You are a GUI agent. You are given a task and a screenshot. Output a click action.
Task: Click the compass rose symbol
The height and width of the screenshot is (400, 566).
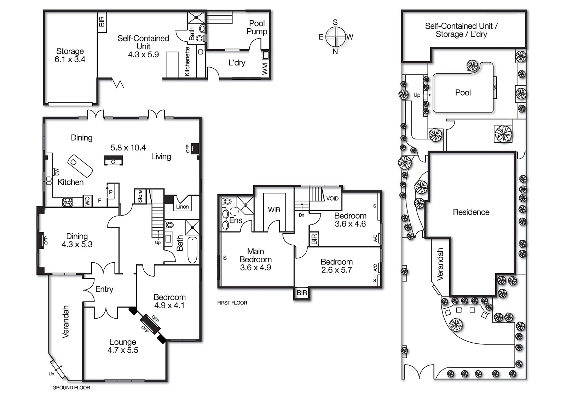click(x=335, y=37)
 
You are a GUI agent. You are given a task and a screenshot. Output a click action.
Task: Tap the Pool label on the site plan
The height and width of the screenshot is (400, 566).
click(x=463, y=93)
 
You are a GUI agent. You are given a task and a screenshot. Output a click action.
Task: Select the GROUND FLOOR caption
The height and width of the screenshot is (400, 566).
click(x=71, y=388)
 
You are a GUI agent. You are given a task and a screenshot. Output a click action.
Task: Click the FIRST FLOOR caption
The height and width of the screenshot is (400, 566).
click(x=232, y=303)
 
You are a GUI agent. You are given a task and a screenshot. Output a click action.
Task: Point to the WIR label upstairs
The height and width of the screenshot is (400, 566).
click(x=274, y=210)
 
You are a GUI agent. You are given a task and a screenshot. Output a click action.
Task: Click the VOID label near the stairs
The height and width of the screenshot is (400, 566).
click(x=332, y=199)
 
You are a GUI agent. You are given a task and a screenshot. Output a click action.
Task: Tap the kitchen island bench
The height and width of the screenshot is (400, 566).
click(x=80, y=166)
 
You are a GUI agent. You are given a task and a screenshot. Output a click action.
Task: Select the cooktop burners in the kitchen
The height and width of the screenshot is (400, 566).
click(x=68, y=202)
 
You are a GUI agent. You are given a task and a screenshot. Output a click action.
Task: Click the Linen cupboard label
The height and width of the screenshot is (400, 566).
click(x=183, y=207)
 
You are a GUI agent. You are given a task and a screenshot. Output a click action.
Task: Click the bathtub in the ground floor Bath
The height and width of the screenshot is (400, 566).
click(x=192, y=250)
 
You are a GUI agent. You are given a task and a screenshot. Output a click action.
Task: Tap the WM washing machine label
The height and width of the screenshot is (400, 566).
click(x=265, y=69)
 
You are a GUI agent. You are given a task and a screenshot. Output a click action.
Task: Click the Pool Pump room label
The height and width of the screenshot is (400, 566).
click(x=257, y=27)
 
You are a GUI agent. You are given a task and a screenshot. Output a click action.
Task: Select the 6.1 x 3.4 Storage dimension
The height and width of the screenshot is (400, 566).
click(x=70, y=59)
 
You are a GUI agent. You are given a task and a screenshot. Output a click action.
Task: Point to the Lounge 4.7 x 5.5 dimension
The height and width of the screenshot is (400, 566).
click(x=123, y=350)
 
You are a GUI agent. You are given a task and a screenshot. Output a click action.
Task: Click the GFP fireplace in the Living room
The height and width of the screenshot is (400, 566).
click(x=194, y=148)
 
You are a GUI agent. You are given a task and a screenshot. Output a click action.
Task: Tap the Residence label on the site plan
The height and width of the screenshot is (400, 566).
click(x=471, y=212)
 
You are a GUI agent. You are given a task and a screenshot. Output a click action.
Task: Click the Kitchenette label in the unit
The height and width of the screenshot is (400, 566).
click(x=187, y=62)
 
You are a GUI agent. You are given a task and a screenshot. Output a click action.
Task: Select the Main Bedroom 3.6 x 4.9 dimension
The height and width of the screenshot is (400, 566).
click(x=255, y=268)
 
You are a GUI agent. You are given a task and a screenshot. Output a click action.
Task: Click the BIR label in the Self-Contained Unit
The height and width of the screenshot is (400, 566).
click(x=102, y=22)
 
